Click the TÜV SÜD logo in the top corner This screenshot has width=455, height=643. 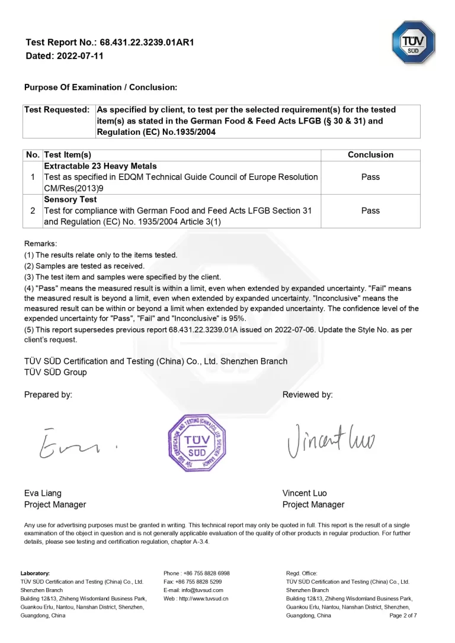tap(413, 42)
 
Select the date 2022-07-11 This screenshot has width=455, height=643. tap(80, 56)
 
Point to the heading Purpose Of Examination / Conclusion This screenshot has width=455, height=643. tap(101, 88)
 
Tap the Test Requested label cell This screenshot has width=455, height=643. tap(57, 110)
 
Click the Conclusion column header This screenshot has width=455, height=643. tap(370, 155)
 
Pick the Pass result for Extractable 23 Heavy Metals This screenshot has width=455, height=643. tap(370, 177)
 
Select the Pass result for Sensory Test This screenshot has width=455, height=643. tap(370, 211)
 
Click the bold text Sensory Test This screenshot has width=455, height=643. tap(71, 199)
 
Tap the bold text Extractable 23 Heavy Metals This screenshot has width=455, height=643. tap(100, 166)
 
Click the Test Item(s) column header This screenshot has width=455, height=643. tap(68, 155)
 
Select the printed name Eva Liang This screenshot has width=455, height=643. tap(43, 493)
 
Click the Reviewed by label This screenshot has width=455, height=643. tap(307, 395)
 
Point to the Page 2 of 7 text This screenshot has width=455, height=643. tap(403, 616)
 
